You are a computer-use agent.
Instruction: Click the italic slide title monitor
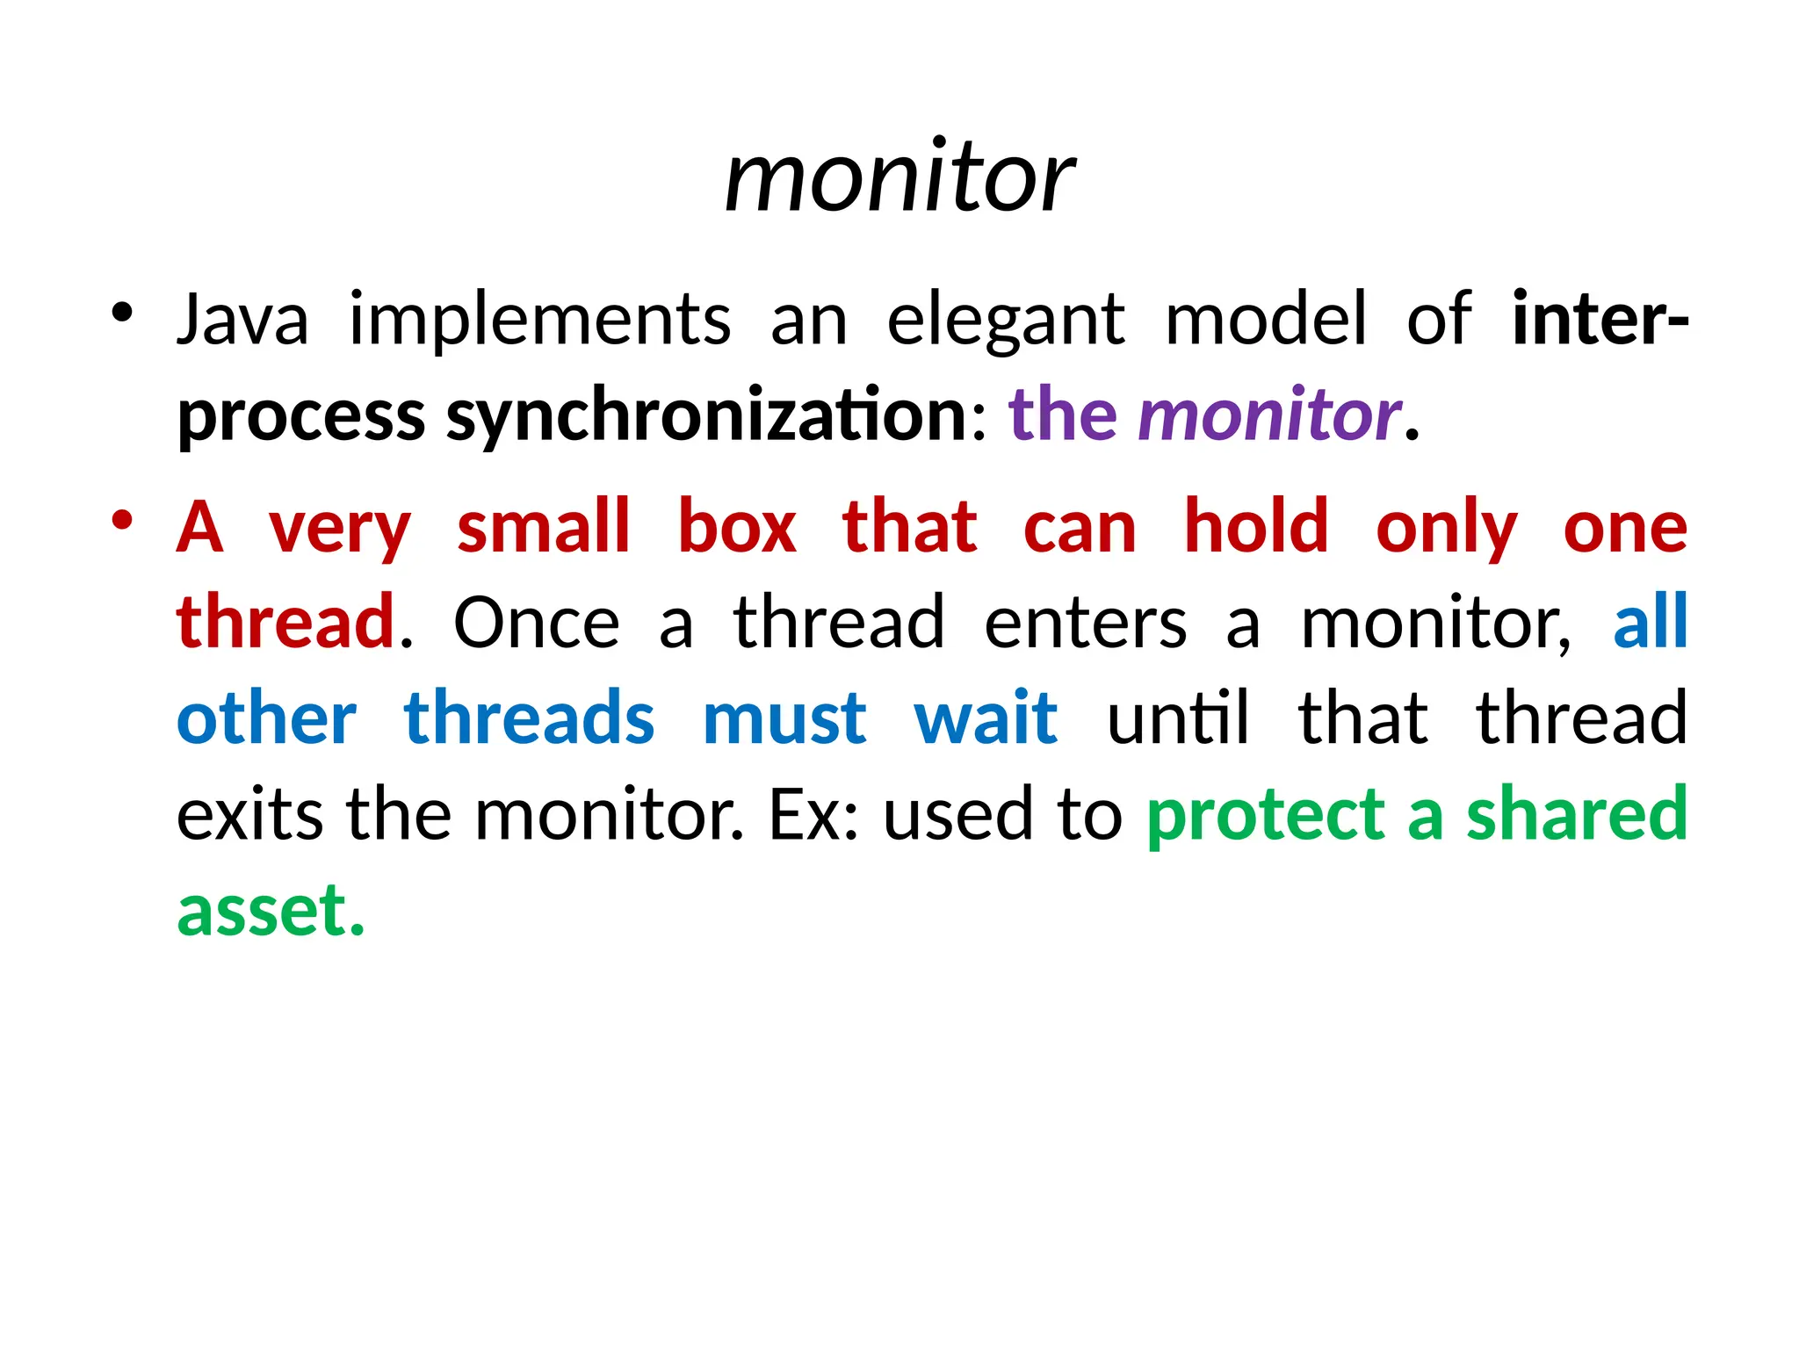(899, 179)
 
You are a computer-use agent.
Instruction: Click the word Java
(242, 320)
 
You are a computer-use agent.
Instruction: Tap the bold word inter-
(1599, 320)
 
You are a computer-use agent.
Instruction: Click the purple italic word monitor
(1268, 415)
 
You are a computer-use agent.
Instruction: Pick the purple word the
(1063, 415)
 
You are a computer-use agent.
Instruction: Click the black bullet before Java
(122, 312)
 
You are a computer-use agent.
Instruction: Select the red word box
(737, 527)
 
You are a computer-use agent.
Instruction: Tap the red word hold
(1256, 527)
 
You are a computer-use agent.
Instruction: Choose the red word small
(544, 527)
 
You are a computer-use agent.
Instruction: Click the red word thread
(285, 622)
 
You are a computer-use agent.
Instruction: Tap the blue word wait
(986, 718)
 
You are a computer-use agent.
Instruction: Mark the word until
(1177, 718)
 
